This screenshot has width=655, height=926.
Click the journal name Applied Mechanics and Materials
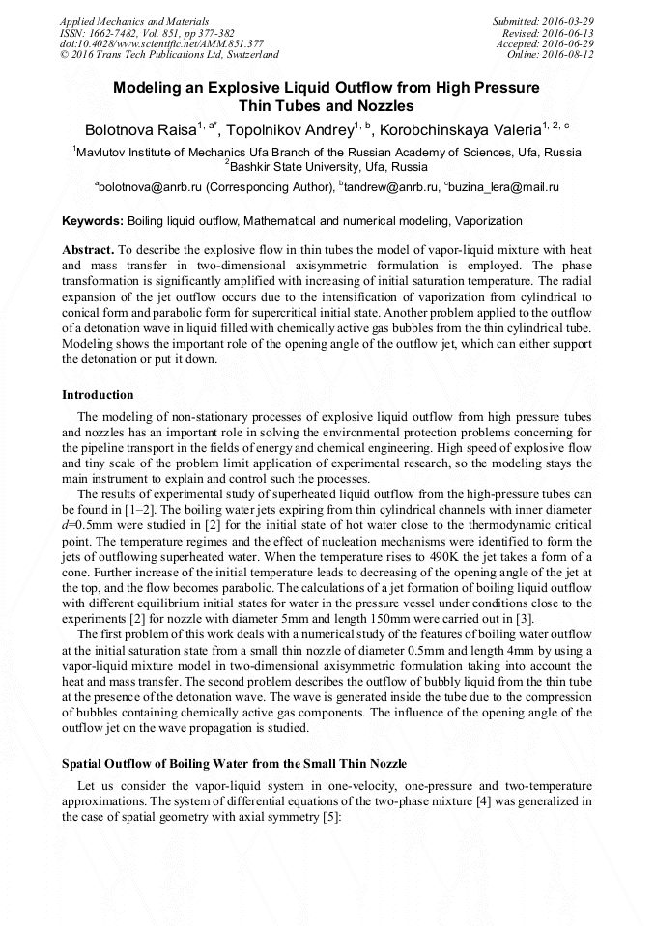point(134,20)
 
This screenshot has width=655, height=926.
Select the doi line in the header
point(161,43)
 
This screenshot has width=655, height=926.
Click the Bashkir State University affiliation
point(327,166)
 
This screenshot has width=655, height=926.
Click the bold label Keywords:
point(93,221)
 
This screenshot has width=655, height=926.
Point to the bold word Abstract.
point(89,249)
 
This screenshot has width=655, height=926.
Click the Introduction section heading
point(98,395)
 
